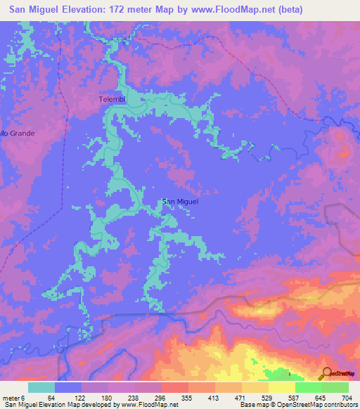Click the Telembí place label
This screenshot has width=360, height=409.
coord(112,100)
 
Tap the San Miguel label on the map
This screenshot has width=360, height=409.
coord(181,202)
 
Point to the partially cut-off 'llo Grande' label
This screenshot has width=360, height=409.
coord(17,132)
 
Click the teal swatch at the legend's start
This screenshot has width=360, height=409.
coord(41,388)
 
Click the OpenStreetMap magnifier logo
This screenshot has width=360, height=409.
coord(327,372)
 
